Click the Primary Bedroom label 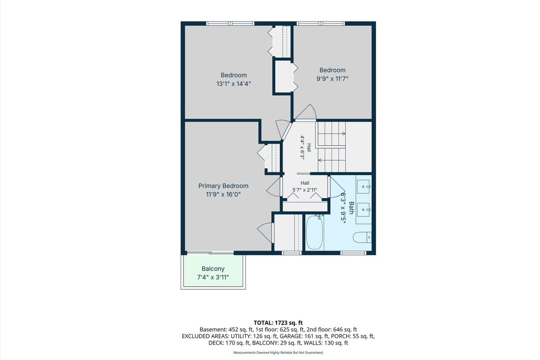point(223,186)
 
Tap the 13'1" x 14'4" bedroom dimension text point(234,84)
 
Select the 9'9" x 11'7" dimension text point(333,79)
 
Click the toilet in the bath point(362,237)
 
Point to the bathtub point(315,233)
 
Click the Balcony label point(213,269)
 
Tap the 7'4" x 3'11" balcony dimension point(213,277)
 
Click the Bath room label point(351,208)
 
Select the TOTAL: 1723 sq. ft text point(278,323)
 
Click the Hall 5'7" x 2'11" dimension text point(305,190)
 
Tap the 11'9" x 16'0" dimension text point(223,194)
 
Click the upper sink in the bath point(363,187)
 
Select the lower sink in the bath point(363,210)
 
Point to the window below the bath point(353,253)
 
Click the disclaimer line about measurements point(279,352)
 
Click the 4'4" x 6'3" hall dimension point(302,146)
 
